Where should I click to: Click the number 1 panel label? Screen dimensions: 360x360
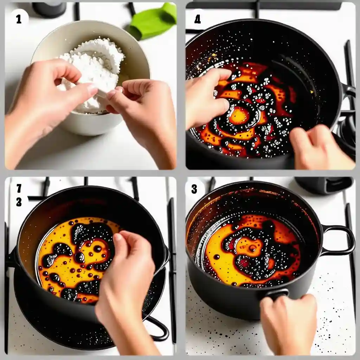(19, 19)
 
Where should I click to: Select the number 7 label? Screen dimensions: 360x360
(19, 188)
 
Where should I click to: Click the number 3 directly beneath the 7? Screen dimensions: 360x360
(19, 202)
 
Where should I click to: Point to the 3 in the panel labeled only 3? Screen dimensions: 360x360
(194, 189)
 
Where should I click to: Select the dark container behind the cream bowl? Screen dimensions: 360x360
(49, 9)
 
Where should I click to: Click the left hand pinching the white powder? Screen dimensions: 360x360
(46, 101)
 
